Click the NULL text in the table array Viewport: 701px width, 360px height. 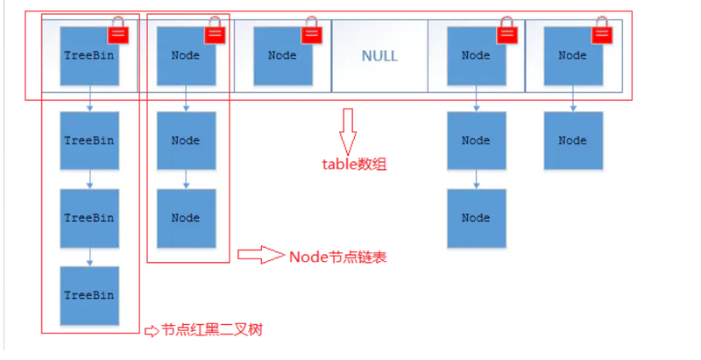click(x=379, y=56)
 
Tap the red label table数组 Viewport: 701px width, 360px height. click(x=354, y=165)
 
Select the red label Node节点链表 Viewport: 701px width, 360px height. click(x=337, y=257)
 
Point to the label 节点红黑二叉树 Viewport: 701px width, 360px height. click(x=211, y=330)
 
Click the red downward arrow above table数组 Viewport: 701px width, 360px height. click(x=347, y=131)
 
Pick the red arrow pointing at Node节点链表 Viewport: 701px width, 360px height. click(x=260, y=255)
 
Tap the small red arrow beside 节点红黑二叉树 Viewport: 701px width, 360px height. click(x=152, y=331)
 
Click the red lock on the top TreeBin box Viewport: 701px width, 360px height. click(x=118, y=31)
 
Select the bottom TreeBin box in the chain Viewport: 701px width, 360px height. click(x=89, y=296)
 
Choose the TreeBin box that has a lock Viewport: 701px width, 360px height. click(x=89, y=56)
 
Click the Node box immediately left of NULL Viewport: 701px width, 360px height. click(x=282, y=56)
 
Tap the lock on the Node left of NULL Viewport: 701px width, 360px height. click(x=312, y=31)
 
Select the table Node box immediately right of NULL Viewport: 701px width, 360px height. click(x=476, y=56)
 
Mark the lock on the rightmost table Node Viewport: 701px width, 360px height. click(x=602, y=31)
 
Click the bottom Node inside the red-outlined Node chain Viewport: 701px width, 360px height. click(x=186, y=218)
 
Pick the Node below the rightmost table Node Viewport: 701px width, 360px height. click(x=573, y=141)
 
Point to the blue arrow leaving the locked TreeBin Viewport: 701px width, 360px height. click(x=90, y=98)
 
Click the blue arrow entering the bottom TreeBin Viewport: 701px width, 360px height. click(x=90, y=257)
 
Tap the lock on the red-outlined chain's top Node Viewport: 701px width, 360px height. click(x=215, y=31)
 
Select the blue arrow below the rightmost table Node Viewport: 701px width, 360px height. click(x=573, y=98)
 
